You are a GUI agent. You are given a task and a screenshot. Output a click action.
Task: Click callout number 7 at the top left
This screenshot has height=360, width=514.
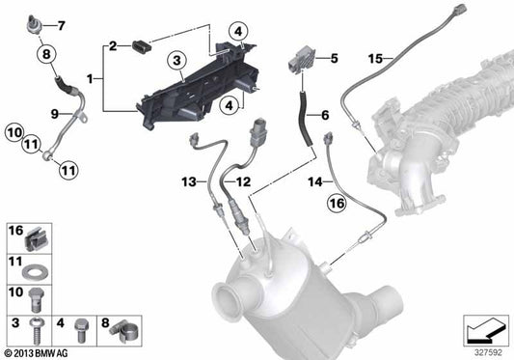pos(62,25)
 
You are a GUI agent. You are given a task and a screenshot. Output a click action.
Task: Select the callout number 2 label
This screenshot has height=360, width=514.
pos(113,45)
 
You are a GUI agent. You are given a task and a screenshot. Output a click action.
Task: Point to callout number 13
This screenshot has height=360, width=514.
pos(190,180)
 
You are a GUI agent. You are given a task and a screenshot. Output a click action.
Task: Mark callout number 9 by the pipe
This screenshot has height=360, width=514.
pos(41,114)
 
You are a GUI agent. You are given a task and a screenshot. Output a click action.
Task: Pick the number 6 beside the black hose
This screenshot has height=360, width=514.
pos(325,116)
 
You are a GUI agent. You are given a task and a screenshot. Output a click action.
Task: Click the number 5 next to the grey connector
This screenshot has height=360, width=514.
pos(334,59)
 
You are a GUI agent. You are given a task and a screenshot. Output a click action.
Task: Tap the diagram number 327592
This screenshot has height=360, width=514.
pos(489,350)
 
